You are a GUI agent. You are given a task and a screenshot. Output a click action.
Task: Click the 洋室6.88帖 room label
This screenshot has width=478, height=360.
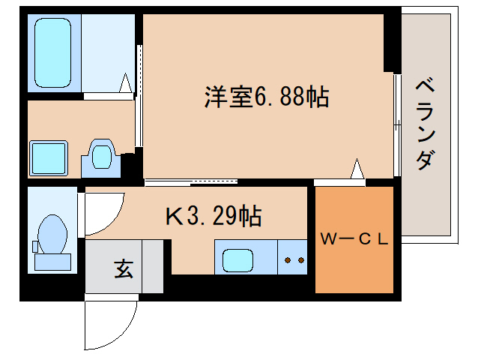266,97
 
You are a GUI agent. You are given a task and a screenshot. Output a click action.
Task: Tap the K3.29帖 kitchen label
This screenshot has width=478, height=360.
213,217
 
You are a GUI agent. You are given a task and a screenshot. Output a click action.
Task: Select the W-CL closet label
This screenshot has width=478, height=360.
354,239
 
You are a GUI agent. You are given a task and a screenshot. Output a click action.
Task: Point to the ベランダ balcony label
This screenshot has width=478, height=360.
425,124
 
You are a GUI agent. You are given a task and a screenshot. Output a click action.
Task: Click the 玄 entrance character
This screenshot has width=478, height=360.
123,268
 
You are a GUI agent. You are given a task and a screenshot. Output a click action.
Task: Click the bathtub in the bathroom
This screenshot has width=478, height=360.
53,52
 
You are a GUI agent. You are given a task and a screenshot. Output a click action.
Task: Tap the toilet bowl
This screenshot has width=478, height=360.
52,233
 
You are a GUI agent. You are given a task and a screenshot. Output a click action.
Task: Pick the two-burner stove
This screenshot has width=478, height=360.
293,260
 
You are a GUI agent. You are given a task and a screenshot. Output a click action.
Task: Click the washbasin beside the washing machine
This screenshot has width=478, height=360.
100,157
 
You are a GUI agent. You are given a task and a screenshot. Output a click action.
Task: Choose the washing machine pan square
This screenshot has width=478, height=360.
49,157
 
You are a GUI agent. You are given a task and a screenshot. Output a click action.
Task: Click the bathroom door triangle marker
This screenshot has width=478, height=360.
127,85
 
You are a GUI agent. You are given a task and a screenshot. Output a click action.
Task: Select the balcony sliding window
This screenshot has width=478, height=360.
396,124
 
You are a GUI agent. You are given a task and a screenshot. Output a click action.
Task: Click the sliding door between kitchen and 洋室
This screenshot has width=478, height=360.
191,181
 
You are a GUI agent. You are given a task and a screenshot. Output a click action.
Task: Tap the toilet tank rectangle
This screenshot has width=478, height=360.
52,262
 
